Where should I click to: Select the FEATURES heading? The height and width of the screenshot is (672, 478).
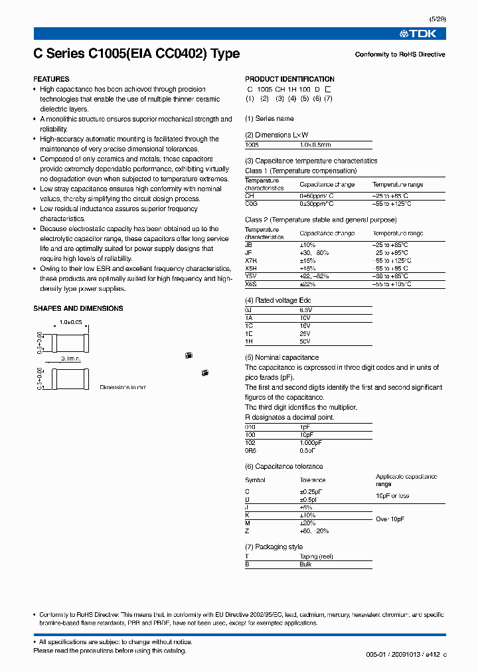51,79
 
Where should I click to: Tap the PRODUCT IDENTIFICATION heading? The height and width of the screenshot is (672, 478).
289,79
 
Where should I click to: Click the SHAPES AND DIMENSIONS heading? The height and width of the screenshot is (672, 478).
78,308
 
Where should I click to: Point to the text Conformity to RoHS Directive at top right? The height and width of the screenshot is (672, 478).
400,54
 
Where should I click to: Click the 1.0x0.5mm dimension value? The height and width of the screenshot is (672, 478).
315,145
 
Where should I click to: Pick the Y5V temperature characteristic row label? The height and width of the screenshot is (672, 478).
250,276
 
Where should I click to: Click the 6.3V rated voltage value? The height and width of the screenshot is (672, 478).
305,310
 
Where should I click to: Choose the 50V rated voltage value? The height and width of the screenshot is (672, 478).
305,341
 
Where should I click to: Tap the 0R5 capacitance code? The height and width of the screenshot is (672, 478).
250,450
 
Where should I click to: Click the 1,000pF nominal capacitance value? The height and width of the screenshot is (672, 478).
310,442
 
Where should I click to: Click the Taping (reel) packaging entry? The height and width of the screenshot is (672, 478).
316,556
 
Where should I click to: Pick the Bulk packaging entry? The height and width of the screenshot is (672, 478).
305,564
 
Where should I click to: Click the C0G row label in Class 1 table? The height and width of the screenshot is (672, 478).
250,204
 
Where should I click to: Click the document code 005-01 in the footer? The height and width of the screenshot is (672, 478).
376,655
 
